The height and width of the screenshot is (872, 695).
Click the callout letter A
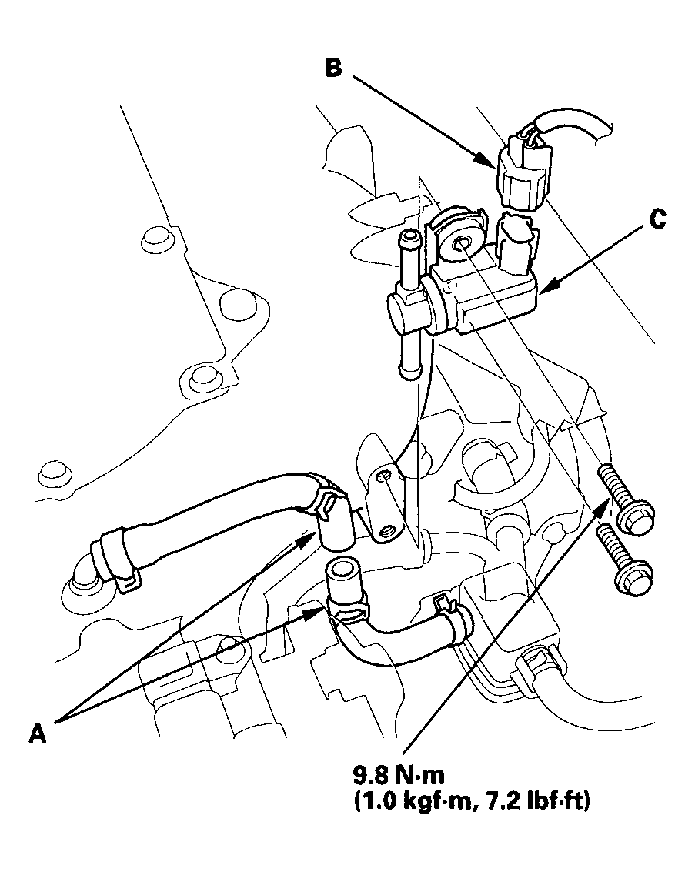pyautogui.click(x=37, y=733)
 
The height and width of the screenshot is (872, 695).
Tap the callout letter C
pyautogui.click(x=657, y=219)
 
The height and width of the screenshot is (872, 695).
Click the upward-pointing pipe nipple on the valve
pyautogui.click(x=409, y=255)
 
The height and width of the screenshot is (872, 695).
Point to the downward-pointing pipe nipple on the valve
pyautogui.click(x=409, y=356)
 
